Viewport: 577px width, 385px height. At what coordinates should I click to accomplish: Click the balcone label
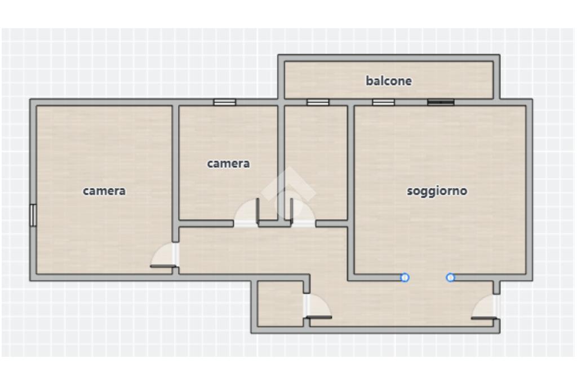pos(389,81)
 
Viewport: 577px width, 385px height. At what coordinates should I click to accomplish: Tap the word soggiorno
pos(437,191)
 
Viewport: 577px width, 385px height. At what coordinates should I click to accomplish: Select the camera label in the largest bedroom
pos(104,191)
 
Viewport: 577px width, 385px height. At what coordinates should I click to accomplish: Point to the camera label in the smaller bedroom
pos(228,163)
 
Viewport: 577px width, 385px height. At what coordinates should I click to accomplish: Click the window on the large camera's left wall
pos(33,215)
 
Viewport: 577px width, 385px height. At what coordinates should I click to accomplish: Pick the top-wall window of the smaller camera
pos(225,102)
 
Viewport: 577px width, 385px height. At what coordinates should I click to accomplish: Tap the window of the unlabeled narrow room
pos(318,102)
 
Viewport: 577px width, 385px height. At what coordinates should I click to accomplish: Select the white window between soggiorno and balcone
pos(383,102)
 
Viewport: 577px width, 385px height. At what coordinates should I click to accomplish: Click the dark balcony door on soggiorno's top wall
pos(441,102)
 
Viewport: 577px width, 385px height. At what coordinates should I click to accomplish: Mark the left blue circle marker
pos(405,277)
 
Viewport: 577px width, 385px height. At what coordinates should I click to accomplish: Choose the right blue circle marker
pos(450,277)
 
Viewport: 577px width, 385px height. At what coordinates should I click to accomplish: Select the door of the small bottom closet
pos(317,306)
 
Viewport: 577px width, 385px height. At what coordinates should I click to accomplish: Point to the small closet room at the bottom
pos(281,304)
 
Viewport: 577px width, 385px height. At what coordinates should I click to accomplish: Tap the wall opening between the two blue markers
pos(428,277)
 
